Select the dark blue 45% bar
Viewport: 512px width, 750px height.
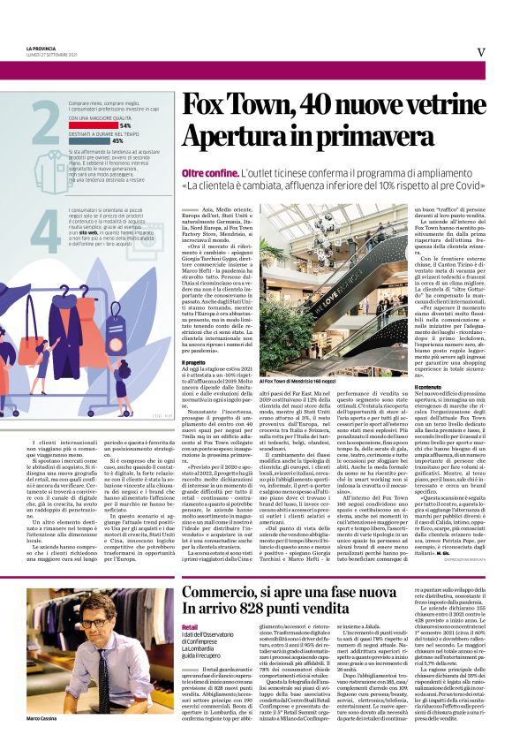point(85,140)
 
